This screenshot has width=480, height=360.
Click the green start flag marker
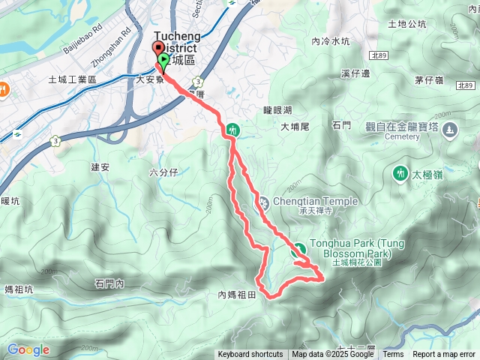click(162, 63)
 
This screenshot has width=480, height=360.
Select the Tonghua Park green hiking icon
click(298, 250)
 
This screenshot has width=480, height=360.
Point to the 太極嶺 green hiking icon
click(400, 174)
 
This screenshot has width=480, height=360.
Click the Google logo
click(28, 349)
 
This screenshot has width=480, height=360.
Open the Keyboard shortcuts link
click(250, 355)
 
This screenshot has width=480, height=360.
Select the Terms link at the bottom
click(393, 355)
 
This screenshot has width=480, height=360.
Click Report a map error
click(444, 355)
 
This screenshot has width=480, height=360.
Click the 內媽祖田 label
click(237, 295)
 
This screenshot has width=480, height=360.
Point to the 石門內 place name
click(109, 283)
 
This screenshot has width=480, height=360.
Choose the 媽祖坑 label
click(19, 289)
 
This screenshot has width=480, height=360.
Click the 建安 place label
click(100, 166)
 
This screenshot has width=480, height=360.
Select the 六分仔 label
click(163, 172)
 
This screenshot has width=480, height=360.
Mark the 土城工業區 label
click(73, 79)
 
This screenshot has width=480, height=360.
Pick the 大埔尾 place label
click(295, 127)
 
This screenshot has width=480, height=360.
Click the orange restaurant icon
click(3, 87)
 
